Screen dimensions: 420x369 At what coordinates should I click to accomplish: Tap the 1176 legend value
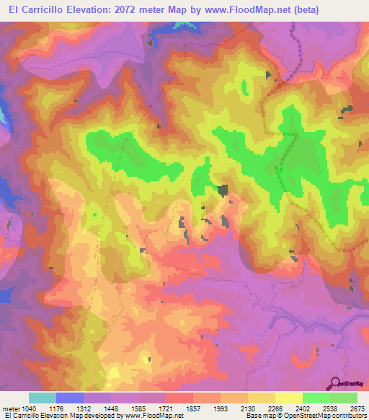(57, 408)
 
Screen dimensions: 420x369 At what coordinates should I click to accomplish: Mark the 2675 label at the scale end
(357, 408)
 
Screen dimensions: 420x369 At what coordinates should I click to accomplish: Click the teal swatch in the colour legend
(43, 398)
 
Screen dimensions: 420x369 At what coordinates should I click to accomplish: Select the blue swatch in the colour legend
(70, 398)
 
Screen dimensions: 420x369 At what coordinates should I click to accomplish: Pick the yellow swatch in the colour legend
(288, 398)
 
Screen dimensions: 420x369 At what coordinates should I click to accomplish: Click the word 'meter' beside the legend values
(9, 408)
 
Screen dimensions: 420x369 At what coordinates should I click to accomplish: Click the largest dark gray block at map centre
(223, 190)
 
